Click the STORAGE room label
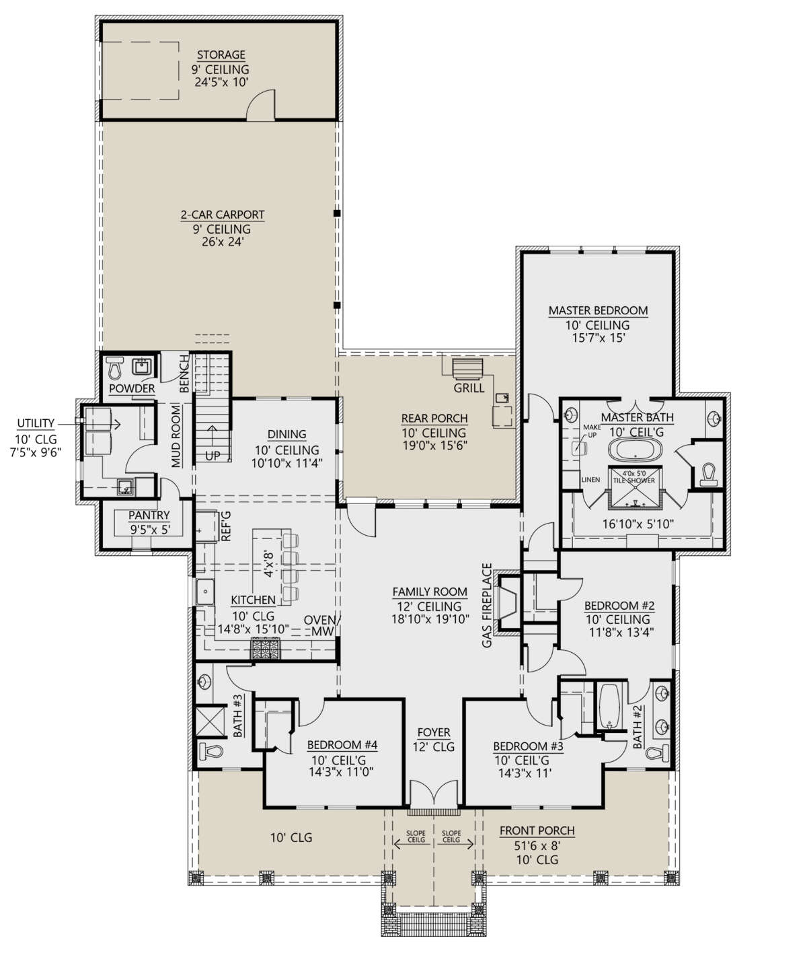click(x=221, y=55)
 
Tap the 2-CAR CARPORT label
click(x=223, y=215)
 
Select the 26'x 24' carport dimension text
click(x=223, y=242)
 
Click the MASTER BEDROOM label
click(x=598, y=310)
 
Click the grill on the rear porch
click(x=467, y=369)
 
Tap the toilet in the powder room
click(x=114, y=368)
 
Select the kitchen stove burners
click(x=265, y=648)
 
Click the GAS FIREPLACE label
click(x=487, y=605)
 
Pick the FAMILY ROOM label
click(x=430, y=592)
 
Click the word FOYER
click(x=434, y=732)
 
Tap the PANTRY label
click(x=149, y=515)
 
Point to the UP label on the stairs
click(x=213, y=456)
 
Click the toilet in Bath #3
click(x=210, y=752)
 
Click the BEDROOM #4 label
click(x=342, y=745)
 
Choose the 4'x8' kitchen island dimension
click(x=269, y=564)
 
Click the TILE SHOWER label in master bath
click(x=634, y=481)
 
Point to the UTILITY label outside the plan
click(x=36, y=423)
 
